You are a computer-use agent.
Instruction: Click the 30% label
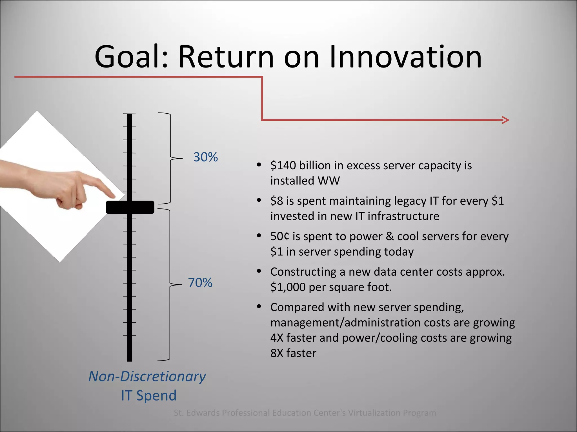(x=205, y=157)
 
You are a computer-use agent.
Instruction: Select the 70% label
(x=200, y=283)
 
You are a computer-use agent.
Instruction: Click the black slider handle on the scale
(x=130, y=207)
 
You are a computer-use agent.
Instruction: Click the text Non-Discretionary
(x=147, y=376)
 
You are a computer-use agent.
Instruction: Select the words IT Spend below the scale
(x=149, y=395)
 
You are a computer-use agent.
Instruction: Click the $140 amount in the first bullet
(x=283, y=165)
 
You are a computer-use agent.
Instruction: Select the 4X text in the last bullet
(x=277, y=338)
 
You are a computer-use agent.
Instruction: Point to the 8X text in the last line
(x=277, y=353)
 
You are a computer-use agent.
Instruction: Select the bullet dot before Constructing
(x=259, y=271)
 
